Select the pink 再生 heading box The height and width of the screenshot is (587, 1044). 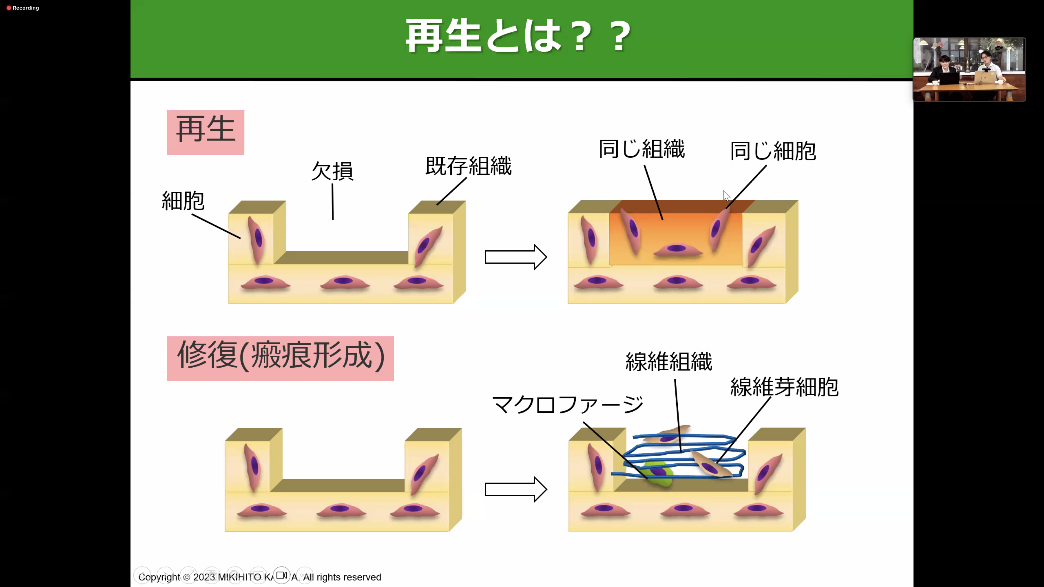206,132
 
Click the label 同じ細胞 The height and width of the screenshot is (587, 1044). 773,151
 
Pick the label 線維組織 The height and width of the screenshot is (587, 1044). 669,361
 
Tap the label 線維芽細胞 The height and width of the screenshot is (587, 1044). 784,387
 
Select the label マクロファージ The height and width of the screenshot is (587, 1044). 567,404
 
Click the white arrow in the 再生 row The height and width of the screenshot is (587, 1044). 515,257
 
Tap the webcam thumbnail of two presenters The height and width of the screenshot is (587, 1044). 969,69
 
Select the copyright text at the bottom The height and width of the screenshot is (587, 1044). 259,577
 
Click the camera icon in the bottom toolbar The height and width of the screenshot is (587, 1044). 282,575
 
